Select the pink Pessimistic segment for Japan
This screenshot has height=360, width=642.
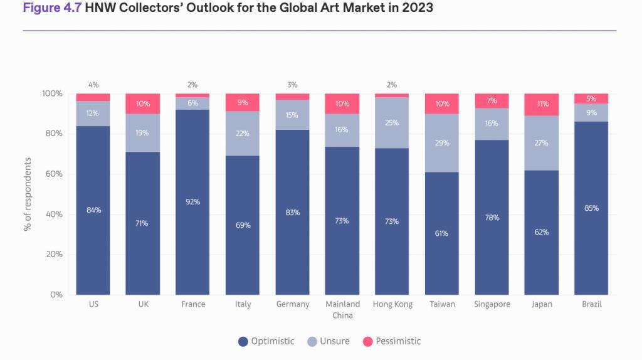click(x=541, y=105)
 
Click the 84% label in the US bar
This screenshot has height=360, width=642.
click(x=93, y=210)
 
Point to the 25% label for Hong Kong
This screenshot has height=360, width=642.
click(x=392, y=123)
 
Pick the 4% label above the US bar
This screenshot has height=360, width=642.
click(x=93, y=85)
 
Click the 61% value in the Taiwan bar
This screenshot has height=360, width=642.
click(x=441, y=233)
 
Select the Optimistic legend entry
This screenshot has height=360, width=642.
click(x=266, y=341)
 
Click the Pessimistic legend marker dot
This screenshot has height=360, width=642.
click(x=368, y=342)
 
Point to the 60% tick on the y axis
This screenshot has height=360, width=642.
click(x=53, y=174)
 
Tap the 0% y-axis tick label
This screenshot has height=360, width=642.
click(x=56, y=295)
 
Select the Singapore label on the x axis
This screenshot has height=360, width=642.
click(x=492, y=304)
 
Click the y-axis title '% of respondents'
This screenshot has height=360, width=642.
click(x=28, y=194)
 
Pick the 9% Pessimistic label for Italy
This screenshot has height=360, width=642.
click(x=243, y=103)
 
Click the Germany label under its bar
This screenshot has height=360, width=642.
click(x=292, y=304)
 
